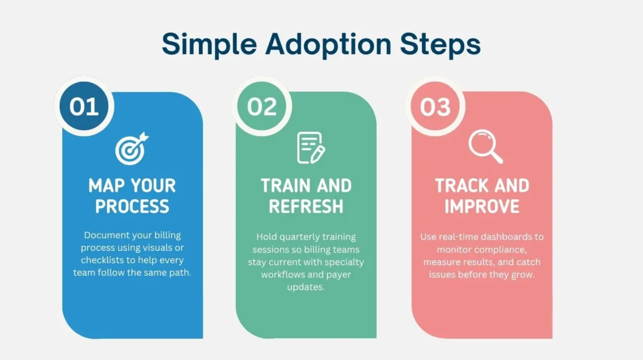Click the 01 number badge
point(84,106)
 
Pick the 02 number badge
point(262,106)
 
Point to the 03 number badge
point(436,106)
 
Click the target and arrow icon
point(132,148)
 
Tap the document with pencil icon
point(310,148)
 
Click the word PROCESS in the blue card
point(132,206)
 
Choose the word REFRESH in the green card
point(306,206)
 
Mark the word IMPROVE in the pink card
point(482,206)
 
